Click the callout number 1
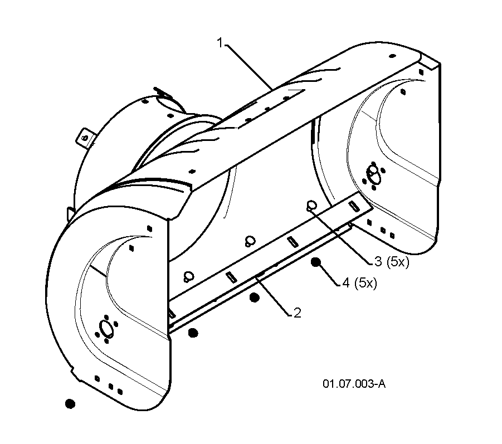tap(220, 42)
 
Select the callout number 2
tap(297, 313)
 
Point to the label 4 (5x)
tap(359, 282)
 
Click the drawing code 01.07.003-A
tap(354, 383)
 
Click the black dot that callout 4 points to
tap(316, 262)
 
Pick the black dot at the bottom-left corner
tap(70, 403)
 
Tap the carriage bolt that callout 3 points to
tap(311, 205)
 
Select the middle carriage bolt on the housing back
tap(250, 241)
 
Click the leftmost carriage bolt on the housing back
tap(188, 276)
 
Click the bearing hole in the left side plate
tap(106, 329)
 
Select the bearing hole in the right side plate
tap(373, 175)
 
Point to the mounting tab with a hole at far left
tap(85, 138)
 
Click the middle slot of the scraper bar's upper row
tap(293, 242)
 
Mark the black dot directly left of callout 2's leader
tap(255, 298)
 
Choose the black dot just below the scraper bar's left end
tap(193, 333)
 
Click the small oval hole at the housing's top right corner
tap(392, 56)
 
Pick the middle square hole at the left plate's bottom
tap(111, 387)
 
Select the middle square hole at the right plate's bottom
tap(383, 230)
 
